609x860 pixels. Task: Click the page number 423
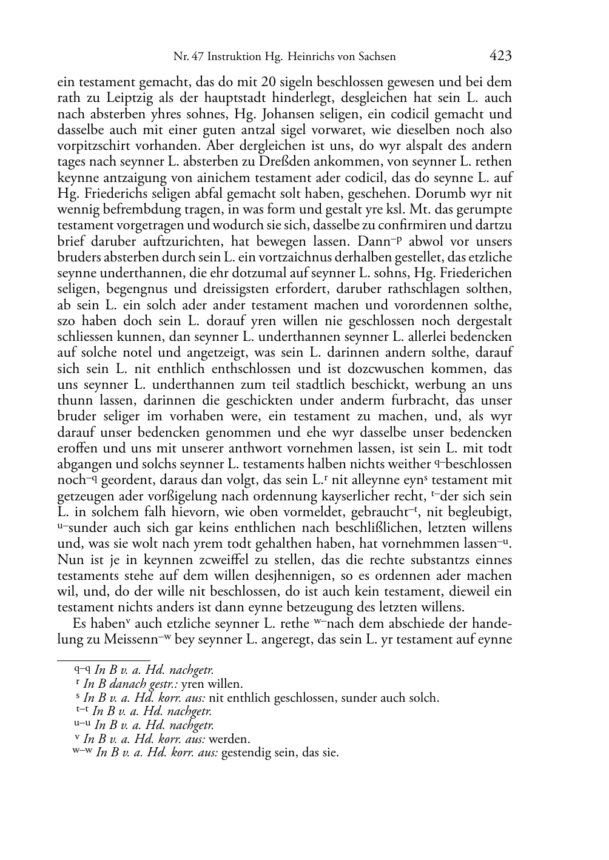click(x=500, y=56)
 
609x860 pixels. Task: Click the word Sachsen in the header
click(x=375, y=57)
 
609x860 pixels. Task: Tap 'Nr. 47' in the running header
click(x=188, y=57)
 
